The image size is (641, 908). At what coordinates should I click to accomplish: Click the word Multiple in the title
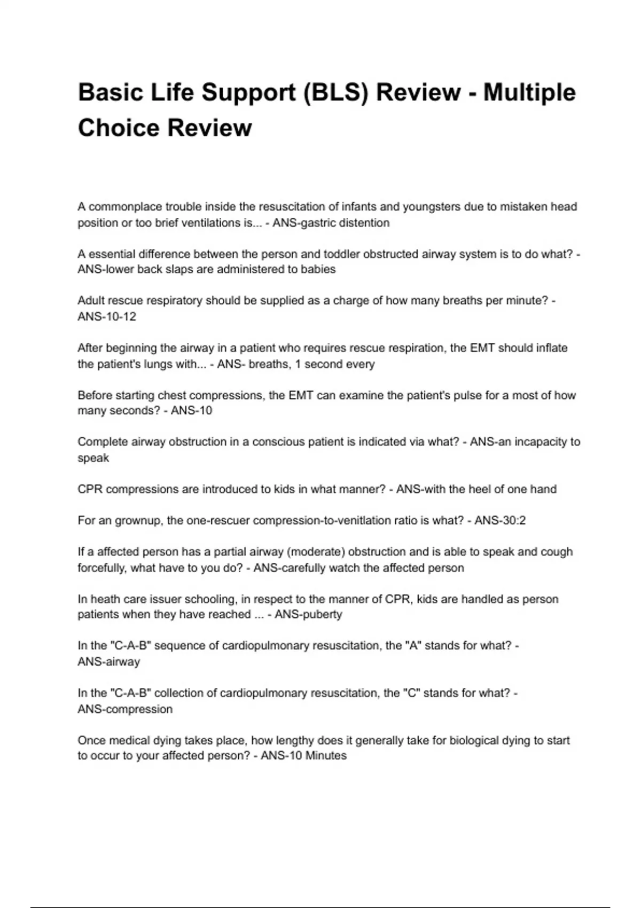529,92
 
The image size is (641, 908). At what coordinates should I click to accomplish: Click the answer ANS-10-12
107,317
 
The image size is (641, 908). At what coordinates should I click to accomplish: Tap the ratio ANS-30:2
500,520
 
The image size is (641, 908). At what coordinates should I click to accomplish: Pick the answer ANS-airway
109,662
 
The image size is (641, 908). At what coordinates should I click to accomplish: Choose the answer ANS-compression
125,709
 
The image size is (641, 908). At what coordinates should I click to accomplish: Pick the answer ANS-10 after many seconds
191,411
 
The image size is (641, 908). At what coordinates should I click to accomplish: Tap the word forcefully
102,568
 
